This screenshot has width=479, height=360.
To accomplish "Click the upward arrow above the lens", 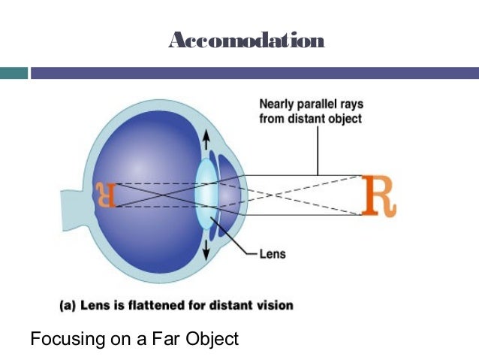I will point(206,140).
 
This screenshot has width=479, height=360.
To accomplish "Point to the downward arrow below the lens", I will point(206,249).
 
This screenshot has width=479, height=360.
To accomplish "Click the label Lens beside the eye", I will point(273,255).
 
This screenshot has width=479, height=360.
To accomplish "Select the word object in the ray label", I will point(343,119).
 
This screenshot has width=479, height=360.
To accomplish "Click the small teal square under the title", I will point(14,74).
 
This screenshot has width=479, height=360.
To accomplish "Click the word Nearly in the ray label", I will point(276,104).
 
